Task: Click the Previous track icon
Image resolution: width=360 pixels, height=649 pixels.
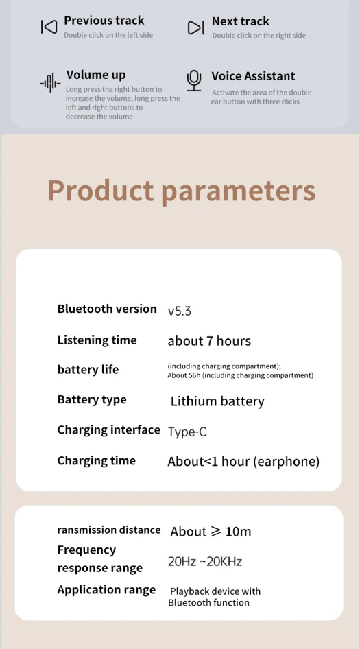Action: pos(49,27)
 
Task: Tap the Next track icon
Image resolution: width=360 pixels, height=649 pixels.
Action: pos(195,27)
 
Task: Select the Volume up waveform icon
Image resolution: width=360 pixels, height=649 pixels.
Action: pos(50,83)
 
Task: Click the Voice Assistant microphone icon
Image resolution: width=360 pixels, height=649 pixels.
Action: pos(193,81)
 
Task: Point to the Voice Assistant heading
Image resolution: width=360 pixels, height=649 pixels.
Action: pos(253,76)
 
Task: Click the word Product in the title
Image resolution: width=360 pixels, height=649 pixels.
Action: pos(101,191)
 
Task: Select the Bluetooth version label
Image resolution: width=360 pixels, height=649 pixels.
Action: pos(107,309)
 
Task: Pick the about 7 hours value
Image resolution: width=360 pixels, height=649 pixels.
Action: pos(209,341)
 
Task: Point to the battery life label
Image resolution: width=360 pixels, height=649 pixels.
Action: pos(88,369)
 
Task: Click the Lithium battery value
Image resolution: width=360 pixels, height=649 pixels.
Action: pos(217,401)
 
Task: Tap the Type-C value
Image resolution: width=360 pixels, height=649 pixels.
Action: pos(187,432)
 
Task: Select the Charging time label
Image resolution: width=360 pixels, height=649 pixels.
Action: pos(97,460)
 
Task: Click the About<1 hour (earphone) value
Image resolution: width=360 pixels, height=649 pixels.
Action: pos(243,462)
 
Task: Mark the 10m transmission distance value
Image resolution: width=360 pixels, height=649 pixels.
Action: pos(239,532)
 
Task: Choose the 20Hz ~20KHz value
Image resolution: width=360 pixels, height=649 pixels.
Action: pos(205,562)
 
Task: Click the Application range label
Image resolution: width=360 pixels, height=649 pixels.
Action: pos(106,590)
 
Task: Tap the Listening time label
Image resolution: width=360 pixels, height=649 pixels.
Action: pos(97,340)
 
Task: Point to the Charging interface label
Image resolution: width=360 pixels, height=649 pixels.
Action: pos(108,430)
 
